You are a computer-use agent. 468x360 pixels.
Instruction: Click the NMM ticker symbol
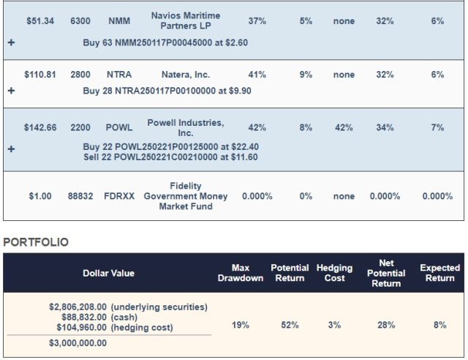click(118, 21)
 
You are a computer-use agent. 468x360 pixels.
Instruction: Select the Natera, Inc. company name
click(185, 75)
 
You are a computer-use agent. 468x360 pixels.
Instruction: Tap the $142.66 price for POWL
click(40, 127)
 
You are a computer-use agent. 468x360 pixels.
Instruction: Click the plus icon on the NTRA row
click(10, 91)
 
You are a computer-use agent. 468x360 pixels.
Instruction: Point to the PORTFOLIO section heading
click(37, 242)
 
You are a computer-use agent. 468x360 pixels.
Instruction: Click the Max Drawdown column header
click(241, 273)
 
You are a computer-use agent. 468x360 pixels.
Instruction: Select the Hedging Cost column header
click(334, 273)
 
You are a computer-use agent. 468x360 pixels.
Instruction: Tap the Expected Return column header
click(439, 273)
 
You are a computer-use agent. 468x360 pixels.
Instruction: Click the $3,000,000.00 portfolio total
click(78, 342)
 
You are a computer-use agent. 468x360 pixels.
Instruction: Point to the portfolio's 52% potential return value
click(290, 325)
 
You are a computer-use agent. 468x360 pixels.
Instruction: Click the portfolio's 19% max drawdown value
click(241, 325)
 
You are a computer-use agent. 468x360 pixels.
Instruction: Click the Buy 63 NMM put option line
click(165, 42)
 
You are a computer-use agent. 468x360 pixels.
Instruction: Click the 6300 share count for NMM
click(80, 21)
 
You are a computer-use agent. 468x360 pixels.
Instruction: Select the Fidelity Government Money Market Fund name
click(185, 196)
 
